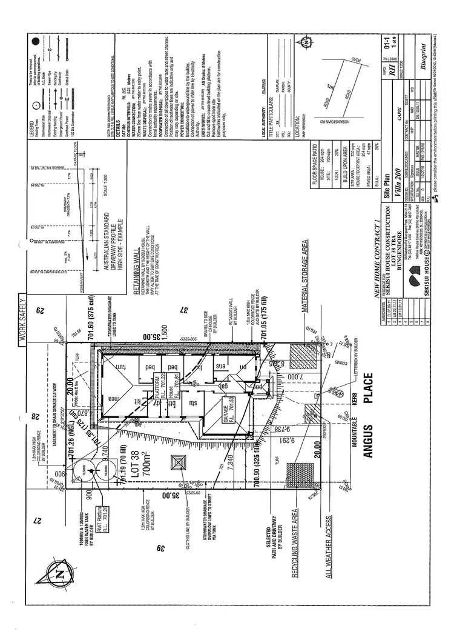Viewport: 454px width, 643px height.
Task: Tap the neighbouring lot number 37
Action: point(185,310)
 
